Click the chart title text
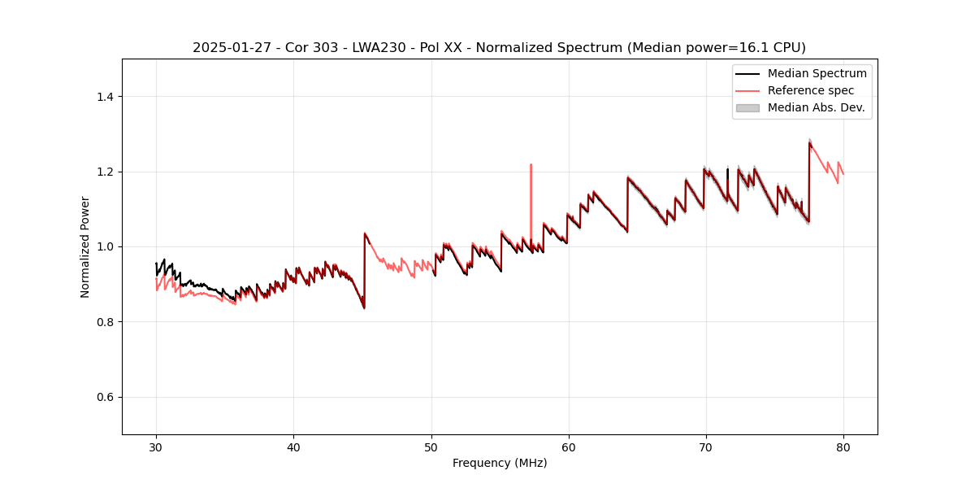coord(499,48)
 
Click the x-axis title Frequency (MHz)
coord(500,463)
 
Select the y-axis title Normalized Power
coord(85,246)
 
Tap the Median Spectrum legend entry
coord(817,73)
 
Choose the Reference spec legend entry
coord(810,90)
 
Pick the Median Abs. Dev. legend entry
coord(816,107)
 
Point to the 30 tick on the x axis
coord(157,447)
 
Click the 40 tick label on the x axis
coord(294,447)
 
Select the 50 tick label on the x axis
coord(431,447)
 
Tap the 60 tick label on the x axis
coord(569,447)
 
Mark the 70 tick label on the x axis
coord(706,447)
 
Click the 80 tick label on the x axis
coord(843,447)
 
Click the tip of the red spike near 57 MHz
coord(531,164)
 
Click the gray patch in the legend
coord(747,107)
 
